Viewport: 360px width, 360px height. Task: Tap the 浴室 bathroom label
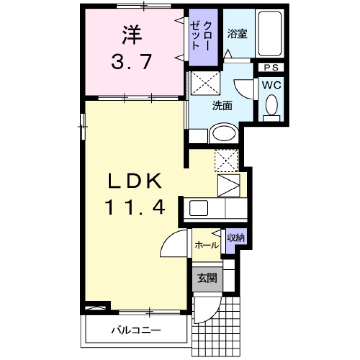click(237, 34)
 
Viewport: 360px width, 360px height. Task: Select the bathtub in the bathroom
click(269, 33)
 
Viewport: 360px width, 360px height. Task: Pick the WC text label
click(271, 85)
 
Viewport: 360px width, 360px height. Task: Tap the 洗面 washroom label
click(222, 106)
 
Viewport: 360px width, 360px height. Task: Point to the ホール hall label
click(207, 245)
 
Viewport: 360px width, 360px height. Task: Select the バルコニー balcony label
click(136, 330)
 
